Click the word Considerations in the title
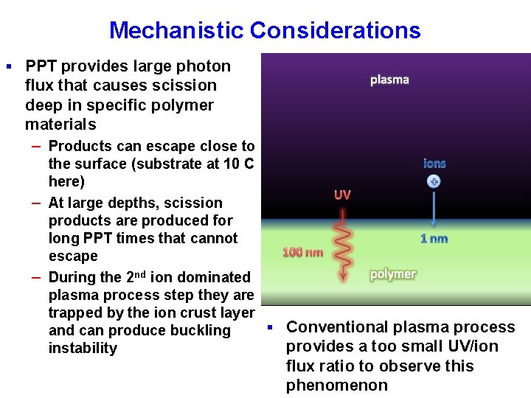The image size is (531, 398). pos(335,30)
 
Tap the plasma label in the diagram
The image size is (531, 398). pos(389,80)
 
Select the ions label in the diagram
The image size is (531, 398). pos(434,163)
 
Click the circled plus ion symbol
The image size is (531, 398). pos(434,181)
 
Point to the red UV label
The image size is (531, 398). pos(342,195)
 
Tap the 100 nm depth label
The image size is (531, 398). pos(302,252)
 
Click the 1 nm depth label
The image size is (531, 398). pos(434,238)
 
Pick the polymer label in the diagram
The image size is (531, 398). pos(392,274)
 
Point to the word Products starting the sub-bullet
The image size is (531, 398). pos(79,146)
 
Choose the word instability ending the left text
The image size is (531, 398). pos(83,348)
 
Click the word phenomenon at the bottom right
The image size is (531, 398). pos(337,385)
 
